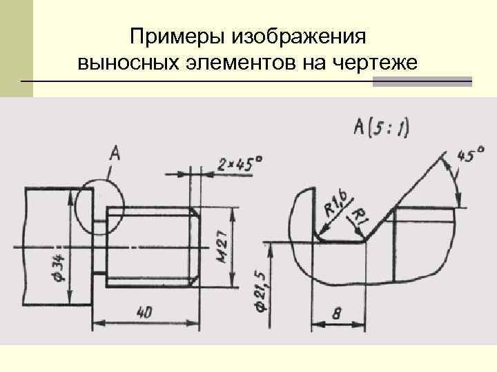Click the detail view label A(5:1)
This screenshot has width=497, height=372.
tap(380, 127)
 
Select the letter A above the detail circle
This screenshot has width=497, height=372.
tap(114, 153)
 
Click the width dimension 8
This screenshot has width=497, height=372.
tap(336, 313)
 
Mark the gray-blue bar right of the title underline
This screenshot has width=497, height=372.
tap(422, 82)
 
